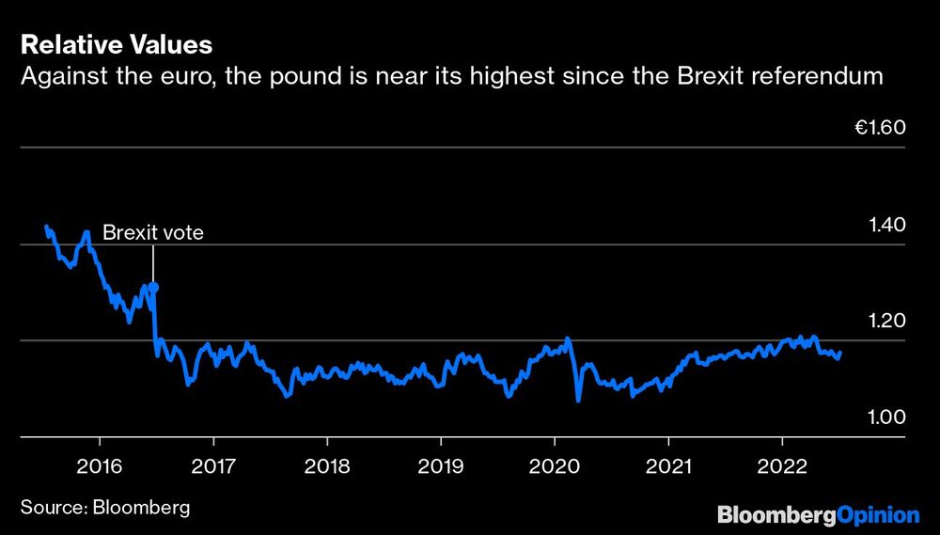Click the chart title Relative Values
click(116, 44)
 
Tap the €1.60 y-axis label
click(879, 128)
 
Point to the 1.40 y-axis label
click(885, 225)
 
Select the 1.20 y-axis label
click(885, 321)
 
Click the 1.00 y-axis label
click(885, 417)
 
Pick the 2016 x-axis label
click(100, 466)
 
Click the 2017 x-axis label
click(213, 466)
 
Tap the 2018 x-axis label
click(326, 466)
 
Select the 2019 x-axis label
click(440, 466)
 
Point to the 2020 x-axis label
click(554, 466)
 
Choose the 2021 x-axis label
click(667, 466)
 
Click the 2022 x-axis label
click(782, 466)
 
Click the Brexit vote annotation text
click(152, 232)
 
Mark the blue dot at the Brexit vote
click(153, 287)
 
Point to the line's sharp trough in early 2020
click(578, 400)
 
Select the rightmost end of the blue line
click(839, 354)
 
